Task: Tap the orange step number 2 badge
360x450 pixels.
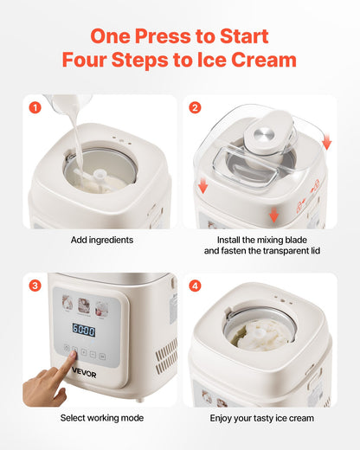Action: [195, 108]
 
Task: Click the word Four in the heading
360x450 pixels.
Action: [91, 61]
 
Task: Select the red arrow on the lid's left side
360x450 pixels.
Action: [201, 184]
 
